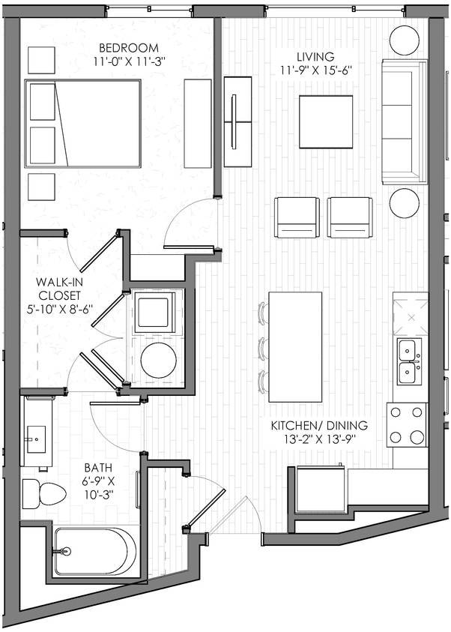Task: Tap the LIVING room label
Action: pos(315,58)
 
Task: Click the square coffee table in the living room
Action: pos(326,122)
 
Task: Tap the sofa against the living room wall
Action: pos(404,121)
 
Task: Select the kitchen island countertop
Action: pos(295,346)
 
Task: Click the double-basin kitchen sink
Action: pos(409,361)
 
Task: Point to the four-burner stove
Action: pos(406,424)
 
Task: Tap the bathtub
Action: pos(94,552)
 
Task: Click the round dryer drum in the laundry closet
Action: pos(158,360)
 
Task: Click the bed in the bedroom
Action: pos(83,123)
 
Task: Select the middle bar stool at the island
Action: pos(263,347)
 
